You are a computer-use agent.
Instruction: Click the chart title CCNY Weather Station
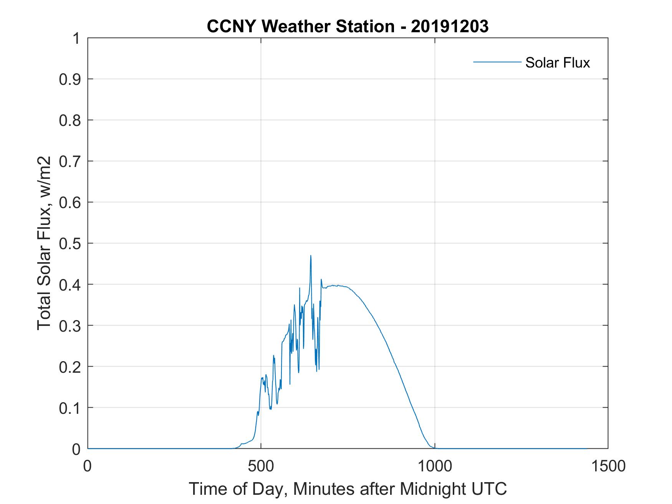click(x=301, y=26)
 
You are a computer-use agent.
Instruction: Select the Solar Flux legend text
click(x=557, y=63)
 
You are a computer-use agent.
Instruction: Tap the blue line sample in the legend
click(x=497, y=62)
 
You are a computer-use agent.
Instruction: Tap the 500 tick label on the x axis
click(x=261, y=466)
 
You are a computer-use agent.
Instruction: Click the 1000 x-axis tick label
click(x=435, y=466)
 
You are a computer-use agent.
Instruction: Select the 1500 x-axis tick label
click(x=608, y=466)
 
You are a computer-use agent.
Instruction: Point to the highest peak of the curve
click(x=311, y=256)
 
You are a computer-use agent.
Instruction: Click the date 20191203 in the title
click(x=450, y=26)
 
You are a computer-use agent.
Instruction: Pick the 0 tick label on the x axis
click(x=88, y=466)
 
